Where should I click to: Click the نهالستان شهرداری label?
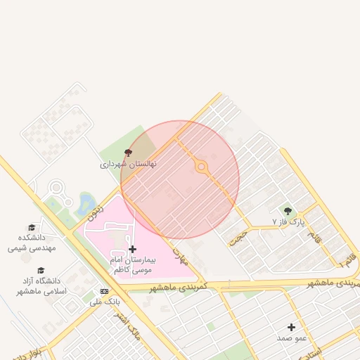[127, 164]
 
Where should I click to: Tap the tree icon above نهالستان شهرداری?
[128, 153]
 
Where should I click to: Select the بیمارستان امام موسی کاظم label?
[133, 264]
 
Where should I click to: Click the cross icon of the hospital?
[133, 249]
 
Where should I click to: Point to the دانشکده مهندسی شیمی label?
[32, 243]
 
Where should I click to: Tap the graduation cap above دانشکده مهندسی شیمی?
[32, 228]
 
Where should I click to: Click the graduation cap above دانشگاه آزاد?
[41, 271]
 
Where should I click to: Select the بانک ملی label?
[105, 302]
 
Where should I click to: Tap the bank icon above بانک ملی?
[105, 291]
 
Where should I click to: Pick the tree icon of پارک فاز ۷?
[287, 210]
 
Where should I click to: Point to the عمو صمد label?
[291, 338]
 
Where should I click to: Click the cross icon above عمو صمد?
[291, 327]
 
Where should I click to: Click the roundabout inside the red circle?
[202, 167]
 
